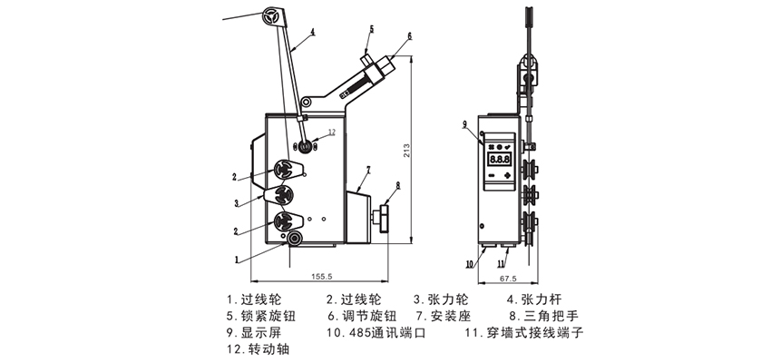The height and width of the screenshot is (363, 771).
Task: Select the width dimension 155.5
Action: [322, 277]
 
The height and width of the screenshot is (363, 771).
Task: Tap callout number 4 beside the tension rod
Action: [311, 32]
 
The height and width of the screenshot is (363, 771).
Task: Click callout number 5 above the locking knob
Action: [370, 29]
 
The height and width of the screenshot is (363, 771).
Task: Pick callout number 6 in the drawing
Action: [409, 35]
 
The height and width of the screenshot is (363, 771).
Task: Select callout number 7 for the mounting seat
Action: [369, 170]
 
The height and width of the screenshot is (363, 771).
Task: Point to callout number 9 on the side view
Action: [464, 123]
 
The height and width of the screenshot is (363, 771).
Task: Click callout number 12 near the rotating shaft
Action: [331, 132]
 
